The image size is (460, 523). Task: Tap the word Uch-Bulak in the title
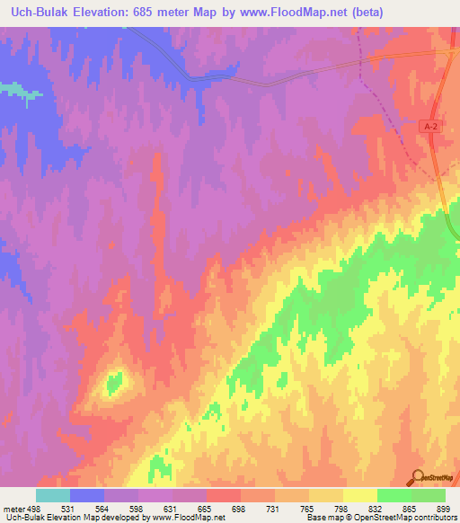click(x=41, y=13)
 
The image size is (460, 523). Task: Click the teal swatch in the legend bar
click(x=52, y=495)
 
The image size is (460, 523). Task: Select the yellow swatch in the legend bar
click(x=359, y=495)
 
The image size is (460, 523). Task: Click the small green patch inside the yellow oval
click(x=114, y=383)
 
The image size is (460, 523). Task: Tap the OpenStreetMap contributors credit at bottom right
click(x=409, y=519)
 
